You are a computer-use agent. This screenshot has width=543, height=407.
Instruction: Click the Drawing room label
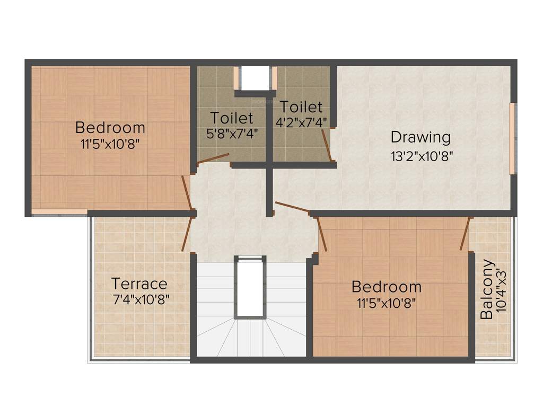click(421, 137)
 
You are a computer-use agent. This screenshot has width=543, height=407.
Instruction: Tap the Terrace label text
click(139, 284)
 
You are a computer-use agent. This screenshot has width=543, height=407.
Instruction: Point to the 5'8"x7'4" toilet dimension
click(232, 132)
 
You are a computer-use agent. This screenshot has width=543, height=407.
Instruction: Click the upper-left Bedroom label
click(110, 128)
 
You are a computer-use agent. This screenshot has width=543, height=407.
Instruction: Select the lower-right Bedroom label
click(387, 287)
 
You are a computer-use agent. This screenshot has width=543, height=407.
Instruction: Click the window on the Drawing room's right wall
click(512, 138)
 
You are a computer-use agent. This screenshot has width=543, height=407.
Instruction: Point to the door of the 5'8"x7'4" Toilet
click(213, 158)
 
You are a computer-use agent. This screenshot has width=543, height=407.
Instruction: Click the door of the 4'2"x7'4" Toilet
click(327, 144)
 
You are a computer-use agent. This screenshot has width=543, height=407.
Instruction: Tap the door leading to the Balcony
click(466, 233)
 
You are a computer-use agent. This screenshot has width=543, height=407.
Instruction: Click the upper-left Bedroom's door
click(186, 192)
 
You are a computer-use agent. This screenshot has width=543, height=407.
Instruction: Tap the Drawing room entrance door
click(292, 207)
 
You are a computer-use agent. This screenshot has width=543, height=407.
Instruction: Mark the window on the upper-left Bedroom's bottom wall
click(59, 213)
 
